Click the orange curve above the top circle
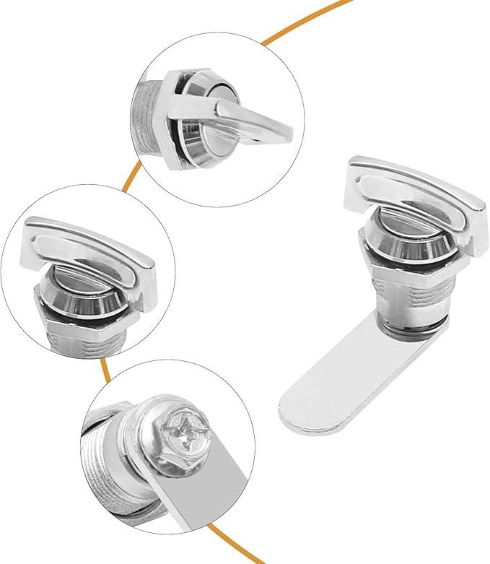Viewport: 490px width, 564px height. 303,22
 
